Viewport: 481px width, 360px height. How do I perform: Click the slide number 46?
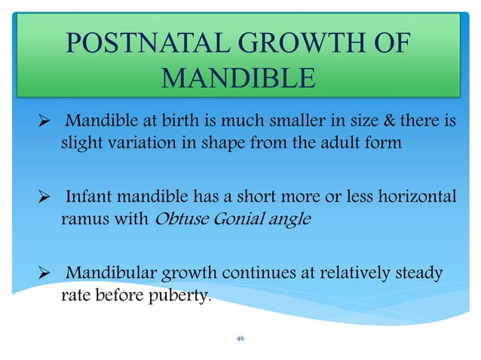tap(240, 339)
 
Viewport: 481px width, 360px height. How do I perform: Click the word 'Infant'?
tap(90, 197)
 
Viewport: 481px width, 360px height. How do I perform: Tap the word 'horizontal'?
tap(418, 197)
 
